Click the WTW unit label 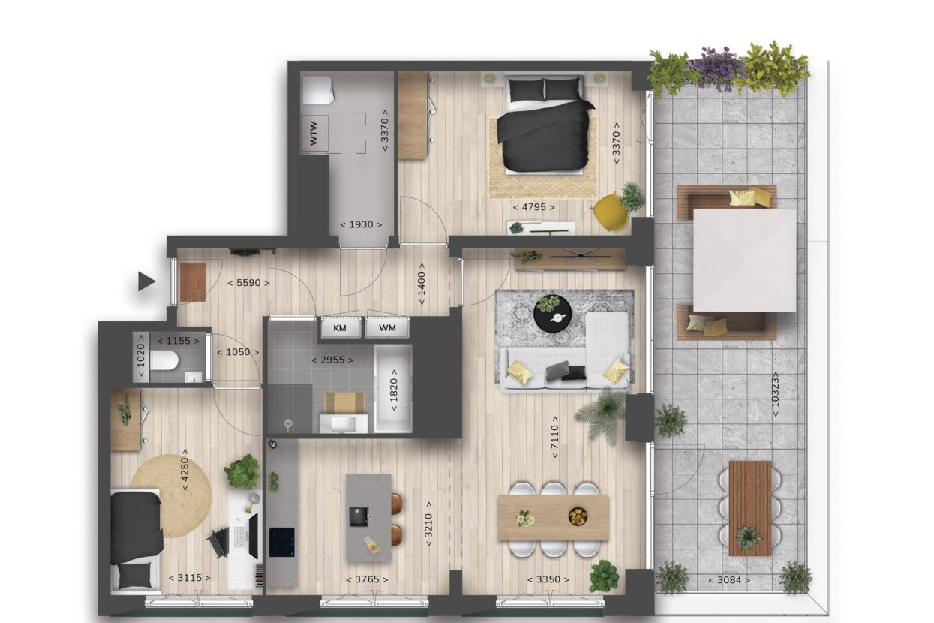(314, 134)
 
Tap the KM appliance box (341, 328)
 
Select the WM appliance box (387, 328)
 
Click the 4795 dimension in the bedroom (533, 207)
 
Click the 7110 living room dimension (554, 437)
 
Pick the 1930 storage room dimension (361, 225)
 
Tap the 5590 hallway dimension (248, 283)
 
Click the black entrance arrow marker (146, 281)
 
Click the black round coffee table (553, 314)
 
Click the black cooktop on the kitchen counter (282, 543)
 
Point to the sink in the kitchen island (359, 516)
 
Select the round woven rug (171, 496)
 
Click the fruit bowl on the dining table (578, 516)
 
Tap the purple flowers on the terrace (718, 68)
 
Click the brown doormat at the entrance (193, 282)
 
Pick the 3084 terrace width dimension (729, 580)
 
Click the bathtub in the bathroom (393, 389)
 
